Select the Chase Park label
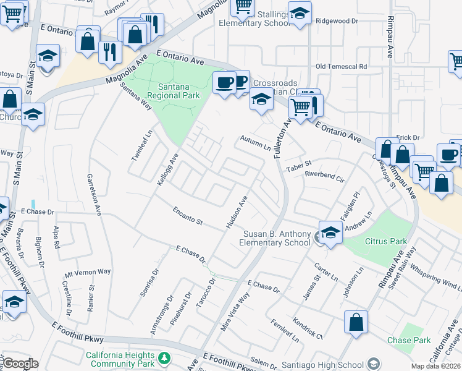[x=408, y=341]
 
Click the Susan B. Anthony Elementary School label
[x=277, y=238]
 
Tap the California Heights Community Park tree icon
[x=164, y=359]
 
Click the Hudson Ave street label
[x=237, y=212]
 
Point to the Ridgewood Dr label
[x=337, y=20]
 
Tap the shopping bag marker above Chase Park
[x=356, y=323]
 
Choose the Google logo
[x=21, y=364]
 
